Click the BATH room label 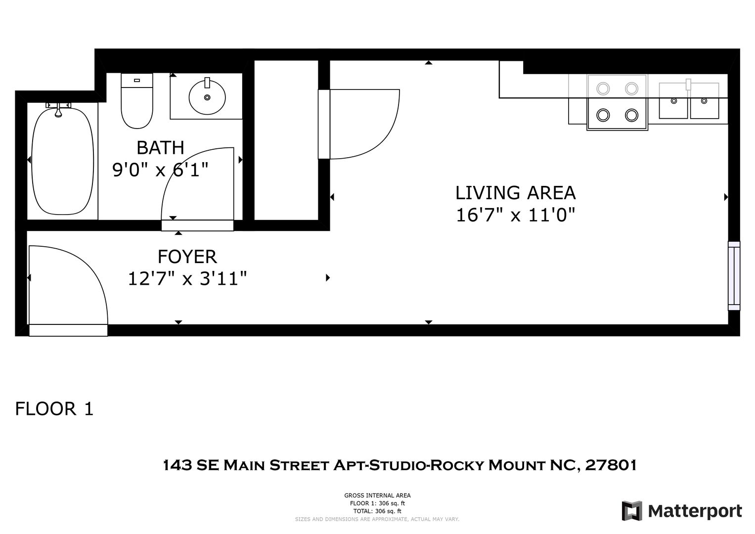coord(160,148)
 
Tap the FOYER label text coord(187,257)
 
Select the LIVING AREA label coord(515,193)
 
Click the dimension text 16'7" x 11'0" coord(515,215)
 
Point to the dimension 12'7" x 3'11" coord(187,278)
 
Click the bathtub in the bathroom coord(63,161)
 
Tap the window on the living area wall coord(734,276)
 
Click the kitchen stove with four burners coord(617,102)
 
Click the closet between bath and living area coord(286,140)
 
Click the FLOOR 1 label coord(54,408)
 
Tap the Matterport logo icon coord(632,511)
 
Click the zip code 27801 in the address coord(611,465)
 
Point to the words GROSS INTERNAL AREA coord(377,495)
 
